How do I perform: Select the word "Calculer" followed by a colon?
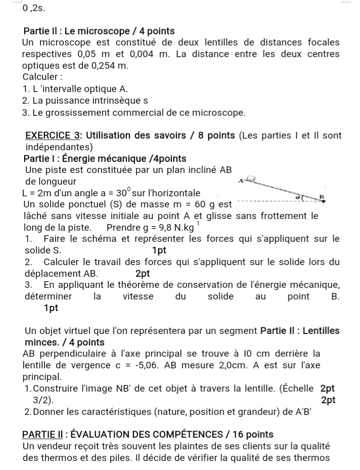click(x=41, y=77)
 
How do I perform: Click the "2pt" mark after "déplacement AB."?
click(x=143, y=273)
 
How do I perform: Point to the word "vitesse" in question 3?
click(x=138, y=296)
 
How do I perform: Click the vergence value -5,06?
click(x=159, y=365)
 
